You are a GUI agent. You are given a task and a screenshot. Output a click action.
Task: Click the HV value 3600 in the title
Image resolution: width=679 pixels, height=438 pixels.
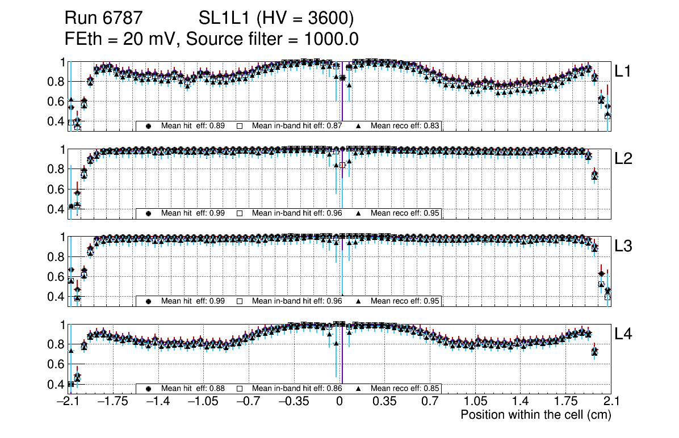(x=329, y=19)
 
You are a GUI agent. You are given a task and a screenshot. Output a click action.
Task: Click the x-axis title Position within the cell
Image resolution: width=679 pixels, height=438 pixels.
(x=535, y=415)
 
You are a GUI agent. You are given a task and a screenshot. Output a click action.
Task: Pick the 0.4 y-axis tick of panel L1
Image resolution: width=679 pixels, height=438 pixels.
(x=56, y=121)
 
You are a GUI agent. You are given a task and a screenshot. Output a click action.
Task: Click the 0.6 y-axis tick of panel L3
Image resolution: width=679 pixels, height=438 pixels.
(x=56, y=277)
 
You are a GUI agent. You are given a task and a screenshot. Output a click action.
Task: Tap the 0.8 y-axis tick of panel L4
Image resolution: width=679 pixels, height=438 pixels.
(x=56, y=344)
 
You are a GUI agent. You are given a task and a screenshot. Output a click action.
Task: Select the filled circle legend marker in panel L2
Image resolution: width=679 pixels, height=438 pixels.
(x=149, y=213)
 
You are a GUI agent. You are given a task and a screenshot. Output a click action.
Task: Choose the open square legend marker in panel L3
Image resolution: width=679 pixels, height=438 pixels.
(x=240, y=301)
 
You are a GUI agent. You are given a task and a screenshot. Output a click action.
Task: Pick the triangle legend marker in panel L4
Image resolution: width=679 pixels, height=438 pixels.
(x=359, y=389)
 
